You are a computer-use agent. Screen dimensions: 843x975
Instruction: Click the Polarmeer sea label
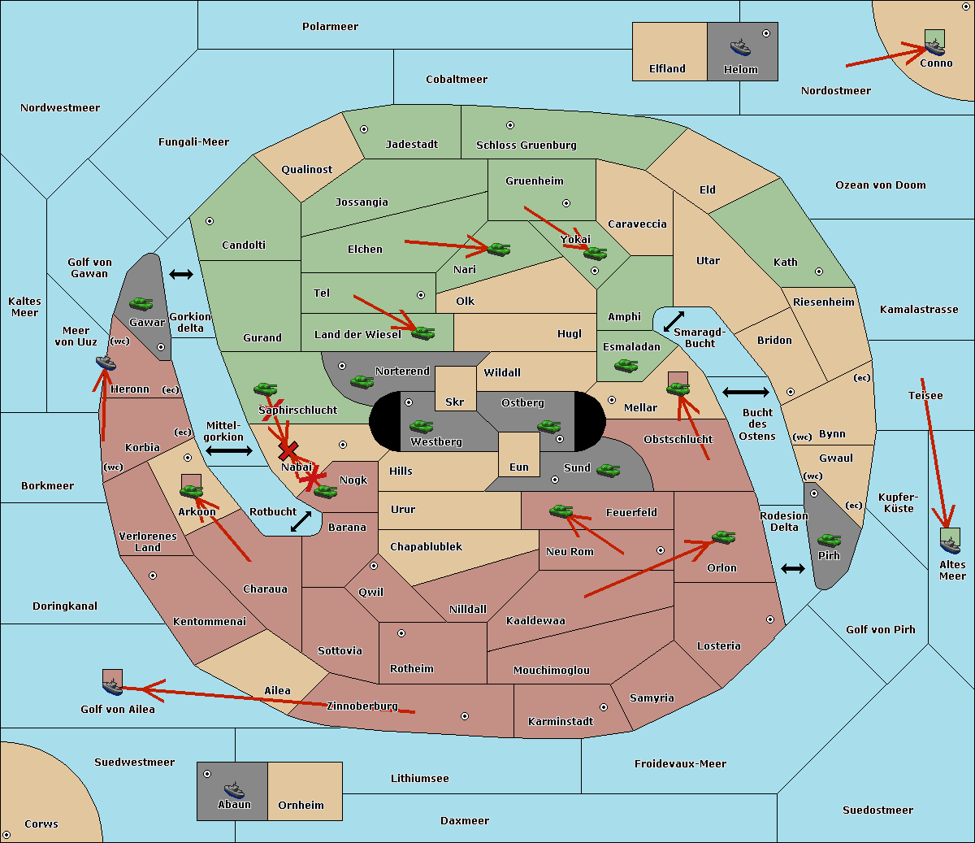point(330,27)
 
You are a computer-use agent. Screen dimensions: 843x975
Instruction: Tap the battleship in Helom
point(740,47)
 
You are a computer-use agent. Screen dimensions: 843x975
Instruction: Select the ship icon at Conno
point(935,45)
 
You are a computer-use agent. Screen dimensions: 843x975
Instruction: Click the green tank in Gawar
point(141,304)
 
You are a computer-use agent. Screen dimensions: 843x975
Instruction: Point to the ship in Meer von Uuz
point(106,363)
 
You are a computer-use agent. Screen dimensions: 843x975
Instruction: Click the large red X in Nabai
point(288,450)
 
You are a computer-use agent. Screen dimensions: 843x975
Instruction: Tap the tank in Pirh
point(829,541)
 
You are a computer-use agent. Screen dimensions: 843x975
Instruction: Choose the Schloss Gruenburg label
point(526,146)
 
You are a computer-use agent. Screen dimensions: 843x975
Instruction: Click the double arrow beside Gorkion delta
point(181,275)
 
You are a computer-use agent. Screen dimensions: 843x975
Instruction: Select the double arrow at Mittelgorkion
point(229,450)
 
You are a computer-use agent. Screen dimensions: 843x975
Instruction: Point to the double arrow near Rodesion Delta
point(793,568)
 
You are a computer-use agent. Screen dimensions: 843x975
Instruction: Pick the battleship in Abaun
point(234,789)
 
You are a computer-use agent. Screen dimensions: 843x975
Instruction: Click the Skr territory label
point(455,402)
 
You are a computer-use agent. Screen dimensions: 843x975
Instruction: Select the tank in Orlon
point(723,537)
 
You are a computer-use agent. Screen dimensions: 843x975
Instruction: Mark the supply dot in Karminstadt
point(604,707)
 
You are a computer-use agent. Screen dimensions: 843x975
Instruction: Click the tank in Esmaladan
point(626,366)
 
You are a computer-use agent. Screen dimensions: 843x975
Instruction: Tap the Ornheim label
point(301,806)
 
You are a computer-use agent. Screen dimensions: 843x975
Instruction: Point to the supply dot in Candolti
point(210,221)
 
